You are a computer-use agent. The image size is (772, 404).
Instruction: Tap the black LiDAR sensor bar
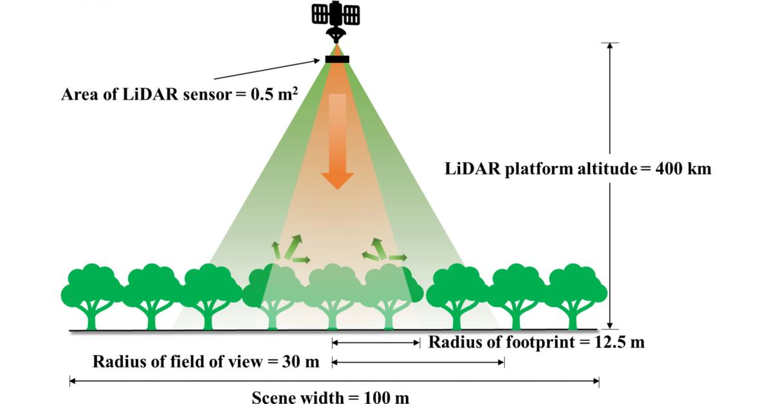point(337,60)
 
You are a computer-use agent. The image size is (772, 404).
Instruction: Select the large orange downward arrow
point(337,142)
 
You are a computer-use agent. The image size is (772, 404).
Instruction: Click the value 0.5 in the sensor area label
point(261,95)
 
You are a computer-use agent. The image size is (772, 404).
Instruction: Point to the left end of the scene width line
point(71,381)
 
